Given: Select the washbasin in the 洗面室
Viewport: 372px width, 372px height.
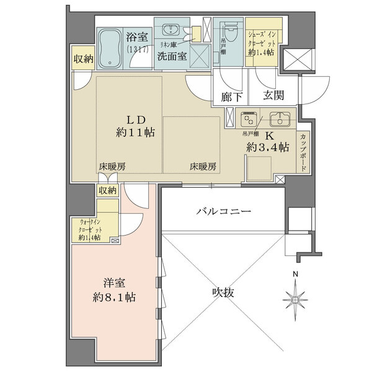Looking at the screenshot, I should click(x=169, y=31).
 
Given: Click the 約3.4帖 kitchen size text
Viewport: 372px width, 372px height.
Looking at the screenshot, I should click(x=268, y=148).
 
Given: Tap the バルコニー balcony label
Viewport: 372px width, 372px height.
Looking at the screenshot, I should click(x=224, y=211).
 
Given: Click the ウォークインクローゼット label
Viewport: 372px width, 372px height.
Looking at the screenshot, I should click(x=87, y=228).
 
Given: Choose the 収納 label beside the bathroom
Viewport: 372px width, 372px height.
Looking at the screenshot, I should click(x=83, y=60).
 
